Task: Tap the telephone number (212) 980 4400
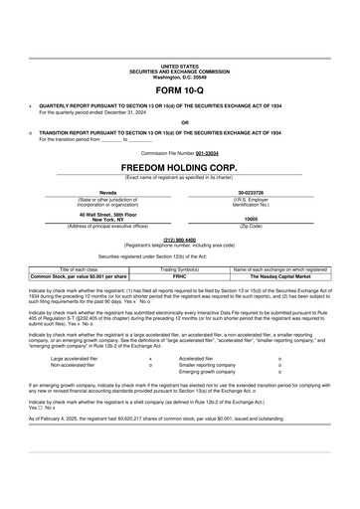tap(179, 240)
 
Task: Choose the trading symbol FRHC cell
tap(179, 276)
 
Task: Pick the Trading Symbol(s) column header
tap(179, 269)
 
